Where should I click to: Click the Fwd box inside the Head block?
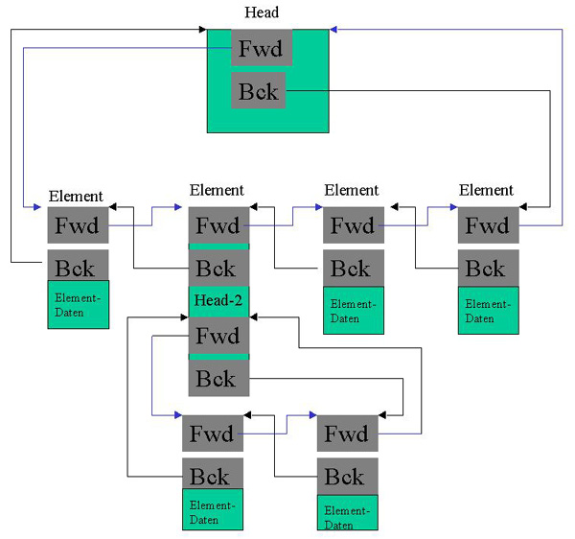[262, 48]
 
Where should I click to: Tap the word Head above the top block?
[262, 12]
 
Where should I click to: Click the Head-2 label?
[218, 300]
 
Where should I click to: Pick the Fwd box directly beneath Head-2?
[218, 337]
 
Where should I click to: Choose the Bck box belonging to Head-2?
[218, 378]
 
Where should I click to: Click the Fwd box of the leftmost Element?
[78, 226]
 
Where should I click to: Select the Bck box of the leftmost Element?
[78, 266]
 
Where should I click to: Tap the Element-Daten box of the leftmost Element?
[79, 304]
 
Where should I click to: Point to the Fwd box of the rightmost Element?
[489, 226]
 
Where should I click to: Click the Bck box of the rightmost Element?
[489, 268]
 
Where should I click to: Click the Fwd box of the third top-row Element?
[354, 226]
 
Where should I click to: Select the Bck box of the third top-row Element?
[354, 268]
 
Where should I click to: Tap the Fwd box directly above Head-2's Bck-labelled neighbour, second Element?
[218, 226]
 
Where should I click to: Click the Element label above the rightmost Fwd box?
[486, 190]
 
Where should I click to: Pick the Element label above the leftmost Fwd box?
[76, 196]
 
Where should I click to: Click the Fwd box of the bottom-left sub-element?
[213, 434]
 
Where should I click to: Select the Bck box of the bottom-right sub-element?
[347, 476]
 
